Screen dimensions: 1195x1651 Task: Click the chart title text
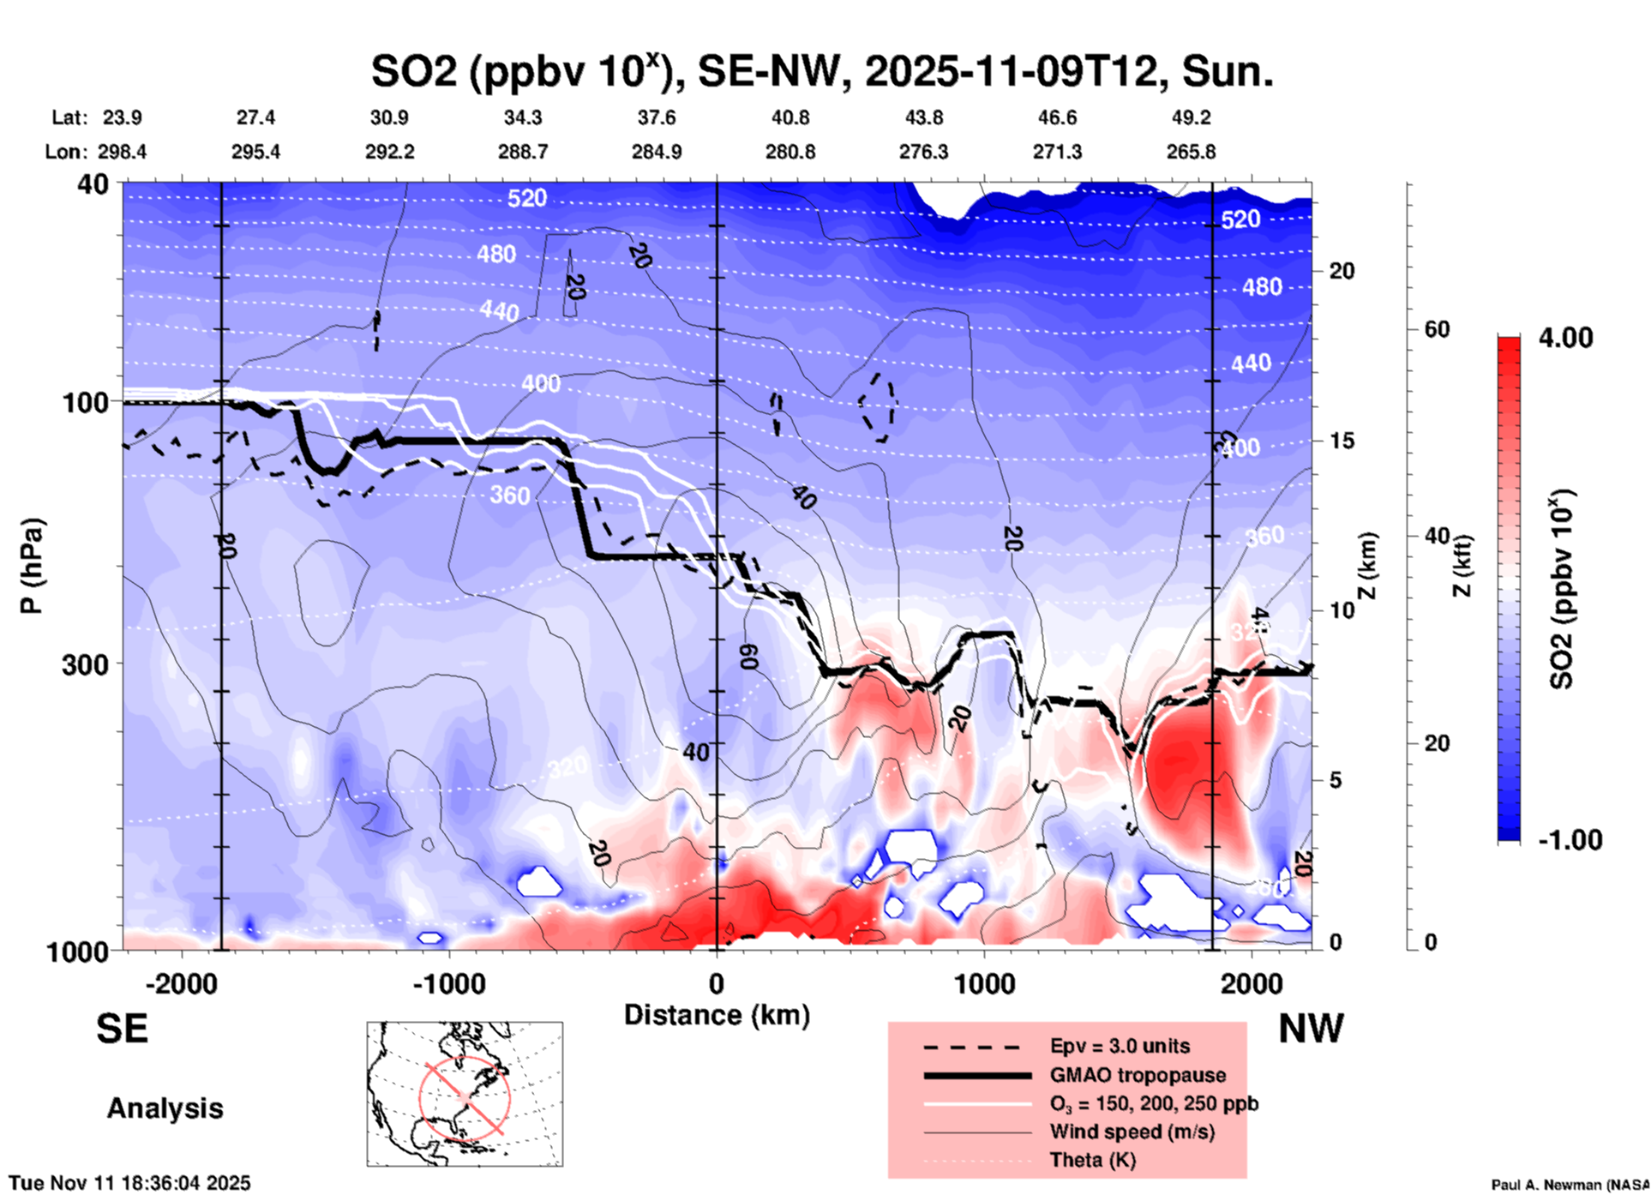click(821, 71)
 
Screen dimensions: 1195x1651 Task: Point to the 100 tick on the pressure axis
click(86, 402)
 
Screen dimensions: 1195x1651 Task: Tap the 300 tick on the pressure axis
click(86, 664)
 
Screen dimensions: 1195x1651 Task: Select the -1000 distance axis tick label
click(448, 984)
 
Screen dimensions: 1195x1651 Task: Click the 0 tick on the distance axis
click(717, 984)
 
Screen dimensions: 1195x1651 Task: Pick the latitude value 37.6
click(656, 117)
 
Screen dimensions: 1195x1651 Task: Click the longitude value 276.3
click(923, 152)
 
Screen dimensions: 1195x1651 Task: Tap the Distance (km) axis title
click(717, 1015)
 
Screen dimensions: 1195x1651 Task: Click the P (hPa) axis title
click(32, 566)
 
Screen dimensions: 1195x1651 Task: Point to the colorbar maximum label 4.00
click(1565, 338)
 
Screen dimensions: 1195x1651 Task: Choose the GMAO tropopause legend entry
click(1138, 1075)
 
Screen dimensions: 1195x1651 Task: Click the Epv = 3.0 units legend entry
click(1120, 1046)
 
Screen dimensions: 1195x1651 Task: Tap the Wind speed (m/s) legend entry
click(1132, 1132)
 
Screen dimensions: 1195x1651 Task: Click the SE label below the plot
click(122, 1029)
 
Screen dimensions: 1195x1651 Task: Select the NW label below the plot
click(1311, 1029)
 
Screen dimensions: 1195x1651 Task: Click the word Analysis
click(165, 1108)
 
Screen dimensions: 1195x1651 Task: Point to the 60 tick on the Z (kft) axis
click(1437, 329)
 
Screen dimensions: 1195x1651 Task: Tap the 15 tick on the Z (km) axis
click(1342, 441)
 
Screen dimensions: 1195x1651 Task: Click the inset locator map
click(465, 1094)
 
